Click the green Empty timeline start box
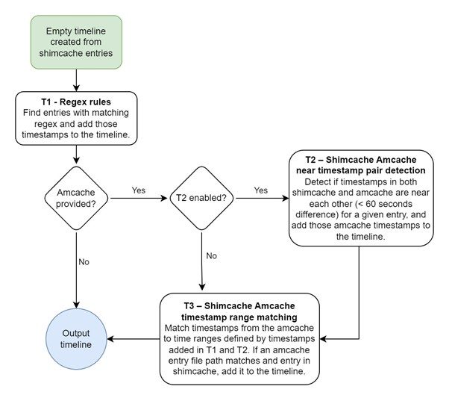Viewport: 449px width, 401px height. [x=76, y=38]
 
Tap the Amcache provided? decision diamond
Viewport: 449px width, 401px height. [x=76, y=197]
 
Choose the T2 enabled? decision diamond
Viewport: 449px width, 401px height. [x=202, y=197]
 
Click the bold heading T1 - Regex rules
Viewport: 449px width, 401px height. [x=76, y=101]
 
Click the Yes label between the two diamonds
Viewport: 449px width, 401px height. [x=139, y=190]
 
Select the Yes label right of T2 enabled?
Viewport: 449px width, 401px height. [x=261, y=190]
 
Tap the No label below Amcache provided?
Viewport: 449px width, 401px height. [x=84, y=261]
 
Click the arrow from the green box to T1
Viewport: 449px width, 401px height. [x=76, y=78]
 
